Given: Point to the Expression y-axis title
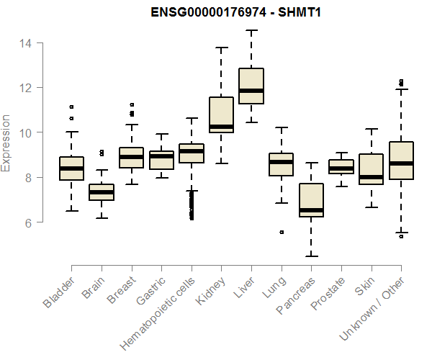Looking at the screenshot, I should [x=6, y=143].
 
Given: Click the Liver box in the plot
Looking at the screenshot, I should [x=251, y=86].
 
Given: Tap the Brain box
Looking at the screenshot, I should [x=102, y=192].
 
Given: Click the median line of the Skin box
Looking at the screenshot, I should [x=371, y=176].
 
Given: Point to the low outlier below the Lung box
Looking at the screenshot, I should [x=282, y=232].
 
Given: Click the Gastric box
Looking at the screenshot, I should [x=161, y=161].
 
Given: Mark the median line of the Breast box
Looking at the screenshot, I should [x=131, y=157].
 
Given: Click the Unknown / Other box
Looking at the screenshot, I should [x=400, y=170].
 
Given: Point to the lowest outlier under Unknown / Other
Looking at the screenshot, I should [x=401, y=236].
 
